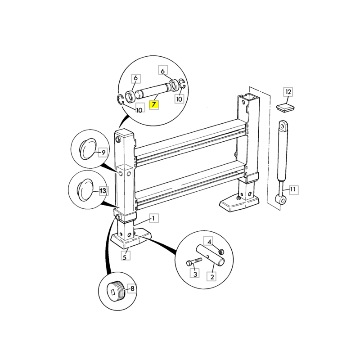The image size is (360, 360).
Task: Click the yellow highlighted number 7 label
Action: coord(154,104)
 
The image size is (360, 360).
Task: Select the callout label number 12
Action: coord(288,92)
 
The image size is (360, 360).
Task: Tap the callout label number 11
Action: coord(294,189)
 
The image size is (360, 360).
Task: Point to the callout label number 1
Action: coord(154,218)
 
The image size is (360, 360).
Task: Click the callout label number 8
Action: coord(132,288)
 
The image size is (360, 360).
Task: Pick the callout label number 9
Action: coord(103,152)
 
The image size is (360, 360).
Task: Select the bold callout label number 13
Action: coord(104,190)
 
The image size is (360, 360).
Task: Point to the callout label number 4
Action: coord(209,242)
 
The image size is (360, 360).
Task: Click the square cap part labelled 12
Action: coord(285,108)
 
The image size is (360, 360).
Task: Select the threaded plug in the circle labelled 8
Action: coord(116,290)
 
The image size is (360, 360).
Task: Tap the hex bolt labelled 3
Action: coord(194,261)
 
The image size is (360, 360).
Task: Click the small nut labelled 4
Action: coord(221,252)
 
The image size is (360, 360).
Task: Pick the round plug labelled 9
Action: coord(87,148)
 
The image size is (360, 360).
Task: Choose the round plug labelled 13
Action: coord(85,190)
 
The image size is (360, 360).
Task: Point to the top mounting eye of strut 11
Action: coord(284,126)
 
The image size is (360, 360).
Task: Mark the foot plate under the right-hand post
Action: coord(239,203)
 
